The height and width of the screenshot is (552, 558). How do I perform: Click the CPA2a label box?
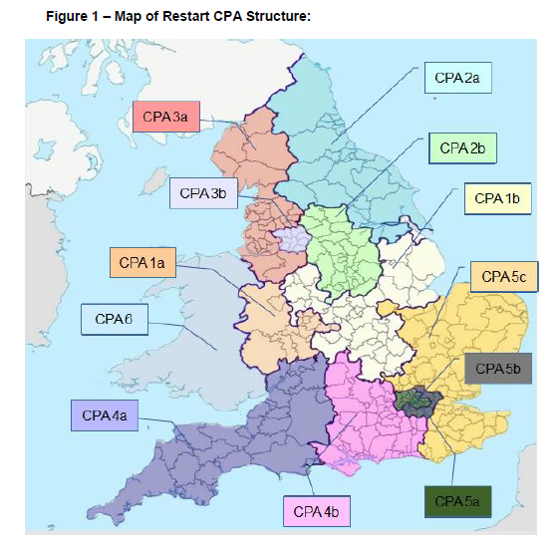point(457,77)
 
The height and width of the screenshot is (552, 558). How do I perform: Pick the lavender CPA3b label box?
point(202,192)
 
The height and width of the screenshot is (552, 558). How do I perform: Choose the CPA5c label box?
point(504,276)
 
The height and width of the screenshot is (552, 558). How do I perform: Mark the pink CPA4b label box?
point(319,511)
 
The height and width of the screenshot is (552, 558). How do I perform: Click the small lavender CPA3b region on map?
point(292,239)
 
